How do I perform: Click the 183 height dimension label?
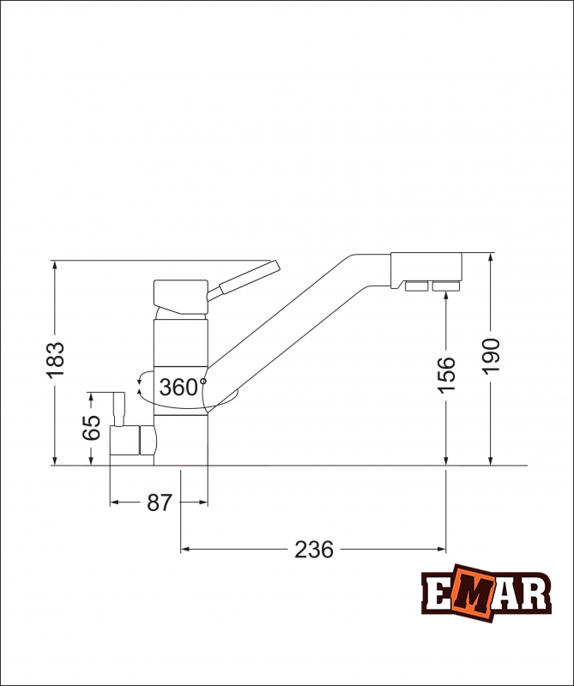(x=55, y=359)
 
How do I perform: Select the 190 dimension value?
(x=491, y=356)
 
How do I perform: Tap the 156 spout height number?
(x=447, y=375)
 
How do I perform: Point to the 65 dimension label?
(x=92, y=427)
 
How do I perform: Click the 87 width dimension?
(x=160, y=502)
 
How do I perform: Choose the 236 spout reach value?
(x=314, y=550)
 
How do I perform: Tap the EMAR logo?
(x=486, y=593)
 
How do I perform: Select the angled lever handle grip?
(x=249, y=277)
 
